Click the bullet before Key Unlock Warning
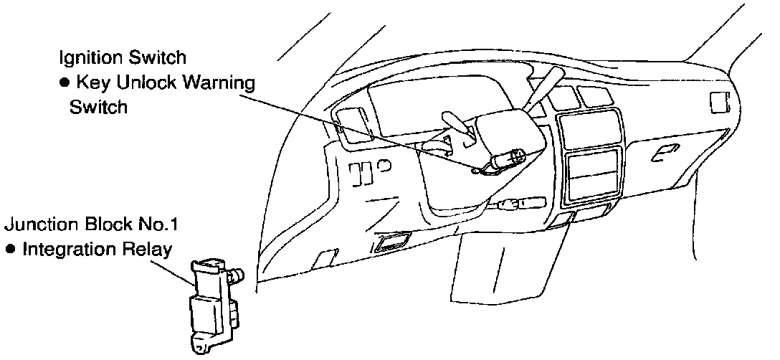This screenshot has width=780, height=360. (63, 83)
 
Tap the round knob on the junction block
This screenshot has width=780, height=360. (236, 274)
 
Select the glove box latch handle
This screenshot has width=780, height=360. (667, 150)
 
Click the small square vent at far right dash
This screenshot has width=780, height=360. (717, 103)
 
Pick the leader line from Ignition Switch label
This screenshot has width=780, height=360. (358, 133)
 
